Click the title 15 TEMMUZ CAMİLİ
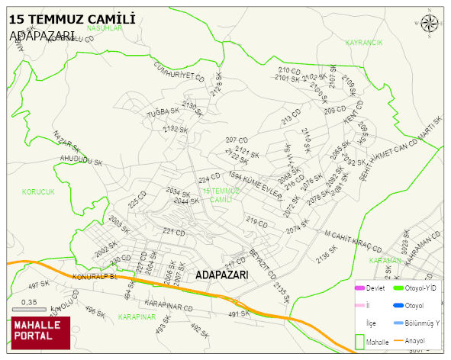click(x=72, y=18)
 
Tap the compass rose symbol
click(x=430, y=24)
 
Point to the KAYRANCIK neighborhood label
click(x=363, y=43)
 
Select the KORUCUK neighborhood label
click(x=38, y=192)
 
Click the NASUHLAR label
click(x=105, y=27)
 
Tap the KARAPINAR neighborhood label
click(x=137, y=316)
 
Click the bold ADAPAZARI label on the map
click(x=222, y=275)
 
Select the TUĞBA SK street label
click(x=162, y=111)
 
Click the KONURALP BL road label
click(x=94, y=277)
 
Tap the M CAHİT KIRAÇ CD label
click(x=353, y=239)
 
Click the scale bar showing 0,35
click(x=31, y=308)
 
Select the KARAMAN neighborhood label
click(x=385, y=261)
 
